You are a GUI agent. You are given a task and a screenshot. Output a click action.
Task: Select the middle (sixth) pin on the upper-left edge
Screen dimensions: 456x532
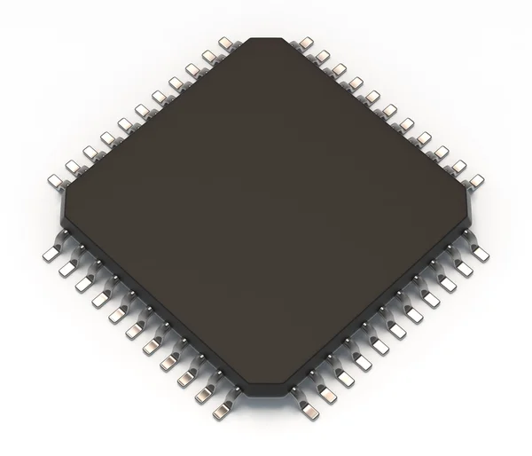point(140,111)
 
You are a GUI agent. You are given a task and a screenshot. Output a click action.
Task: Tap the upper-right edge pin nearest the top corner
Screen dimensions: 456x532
point(308,42)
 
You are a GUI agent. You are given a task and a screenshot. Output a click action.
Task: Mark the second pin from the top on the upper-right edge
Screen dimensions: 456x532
point(325,55)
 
